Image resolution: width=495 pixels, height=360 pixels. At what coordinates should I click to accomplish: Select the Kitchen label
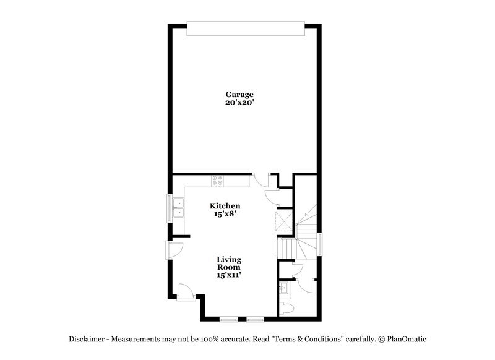tap(225, 205)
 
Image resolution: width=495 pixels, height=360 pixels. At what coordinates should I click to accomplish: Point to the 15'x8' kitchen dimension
tap(225, 213)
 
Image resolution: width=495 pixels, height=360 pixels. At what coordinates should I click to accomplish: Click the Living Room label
tap(229, 263)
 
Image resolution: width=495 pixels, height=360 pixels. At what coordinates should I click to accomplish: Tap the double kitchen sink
tap(179, 208)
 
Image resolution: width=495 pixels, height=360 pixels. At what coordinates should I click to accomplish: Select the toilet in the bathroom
tap(286, 307)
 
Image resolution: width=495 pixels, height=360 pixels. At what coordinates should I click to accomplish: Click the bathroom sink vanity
tap(286, 288)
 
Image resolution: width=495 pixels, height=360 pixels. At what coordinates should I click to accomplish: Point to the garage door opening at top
tap(246, 28)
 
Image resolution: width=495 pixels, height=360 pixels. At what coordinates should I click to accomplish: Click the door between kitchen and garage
tap(260, 180)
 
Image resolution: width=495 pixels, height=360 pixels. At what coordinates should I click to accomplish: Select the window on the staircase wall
tap(320, 244)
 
